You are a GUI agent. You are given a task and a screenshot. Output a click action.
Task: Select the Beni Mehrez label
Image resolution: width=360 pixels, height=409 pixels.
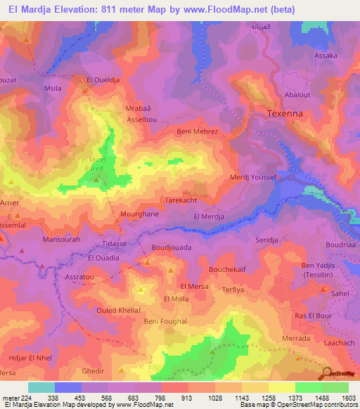(x=198, y=131)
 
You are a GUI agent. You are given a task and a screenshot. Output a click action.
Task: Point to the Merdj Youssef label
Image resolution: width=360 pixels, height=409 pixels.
(x=256, y=178)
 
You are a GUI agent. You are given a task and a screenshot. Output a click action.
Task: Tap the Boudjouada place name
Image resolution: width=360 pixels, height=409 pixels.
(x=172, y=248)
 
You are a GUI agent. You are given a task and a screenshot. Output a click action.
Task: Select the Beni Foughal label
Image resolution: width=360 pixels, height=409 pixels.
(x=165, y=321)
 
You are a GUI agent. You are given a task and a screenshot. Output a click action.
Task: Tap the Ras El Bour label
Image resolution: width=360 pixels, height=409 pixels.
(x=313, y=316)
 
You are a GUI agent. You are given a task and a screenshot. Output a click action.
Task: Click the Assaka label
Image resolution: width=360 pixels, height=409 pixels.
(x=326, y=56)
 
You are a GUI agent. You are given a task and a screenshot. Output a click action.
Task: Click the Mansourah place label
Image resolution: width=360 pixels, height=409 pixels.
(x=44, y=240)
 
